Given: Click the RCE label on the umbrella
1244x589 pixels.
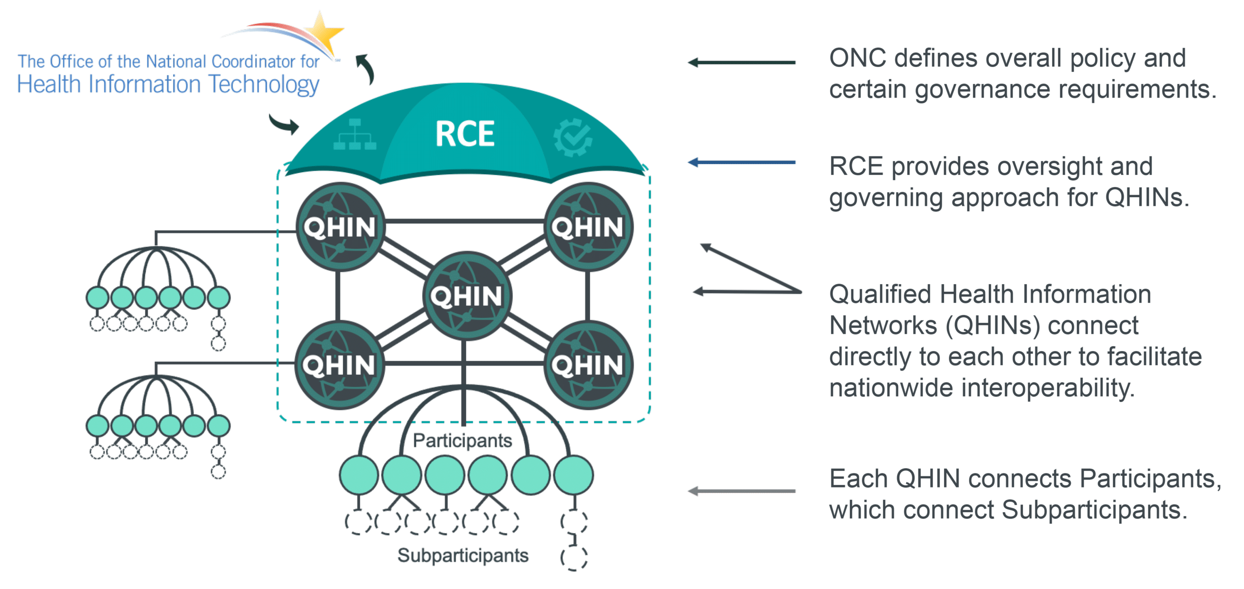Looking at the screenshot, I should click(x=465, y=134).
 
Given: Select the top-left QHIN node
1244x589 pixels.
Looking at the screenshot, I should click(x=340, y=227).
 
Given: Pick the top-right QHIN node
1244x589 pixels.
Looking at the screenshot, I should click(x=587, y=227).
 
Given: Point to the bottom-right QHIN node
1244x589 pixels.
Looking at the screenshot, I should click(x=587, y=365).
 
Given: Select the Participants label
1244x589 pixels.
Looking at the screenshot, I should click(x=462, y=440).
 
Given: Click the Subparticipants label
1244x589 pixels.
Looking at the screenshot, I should click(x=463, y=555).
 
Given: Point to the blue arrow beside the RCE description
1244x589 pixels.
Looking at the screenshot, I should click(x=741, y=162).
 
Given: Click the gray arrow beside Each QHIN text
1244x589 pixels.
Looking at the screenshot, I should click(x=741, y=491).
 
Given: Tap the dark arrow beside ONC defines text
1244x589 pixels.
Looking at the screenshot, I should click(x=741, y=62).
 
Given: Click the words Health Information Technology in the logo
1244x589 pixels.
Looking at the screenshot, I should click(x=168, y=84).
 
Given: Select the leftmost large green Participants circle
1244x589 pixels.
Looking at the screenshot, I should click(x=359, y=475).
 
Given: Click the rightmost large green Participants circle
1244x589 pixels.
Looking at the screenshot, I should click(x=573, y=475).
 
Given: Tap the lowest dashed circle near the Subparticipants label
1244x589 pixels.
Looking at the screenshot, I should click(x=574, y=558).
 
